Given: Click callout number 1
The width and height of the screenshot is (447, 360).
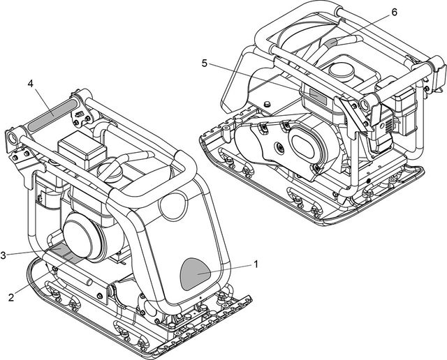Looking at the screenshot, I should point(256,264).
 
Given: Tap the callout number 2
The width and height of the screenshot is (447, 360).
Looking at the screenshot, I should point(11,297).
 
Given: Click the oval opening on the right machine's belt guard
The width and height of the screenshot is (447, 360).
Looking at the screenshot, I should point(307,144).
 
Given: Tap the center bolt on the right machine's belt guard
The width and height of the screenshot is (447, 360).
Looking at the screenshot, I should point(279,148).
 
